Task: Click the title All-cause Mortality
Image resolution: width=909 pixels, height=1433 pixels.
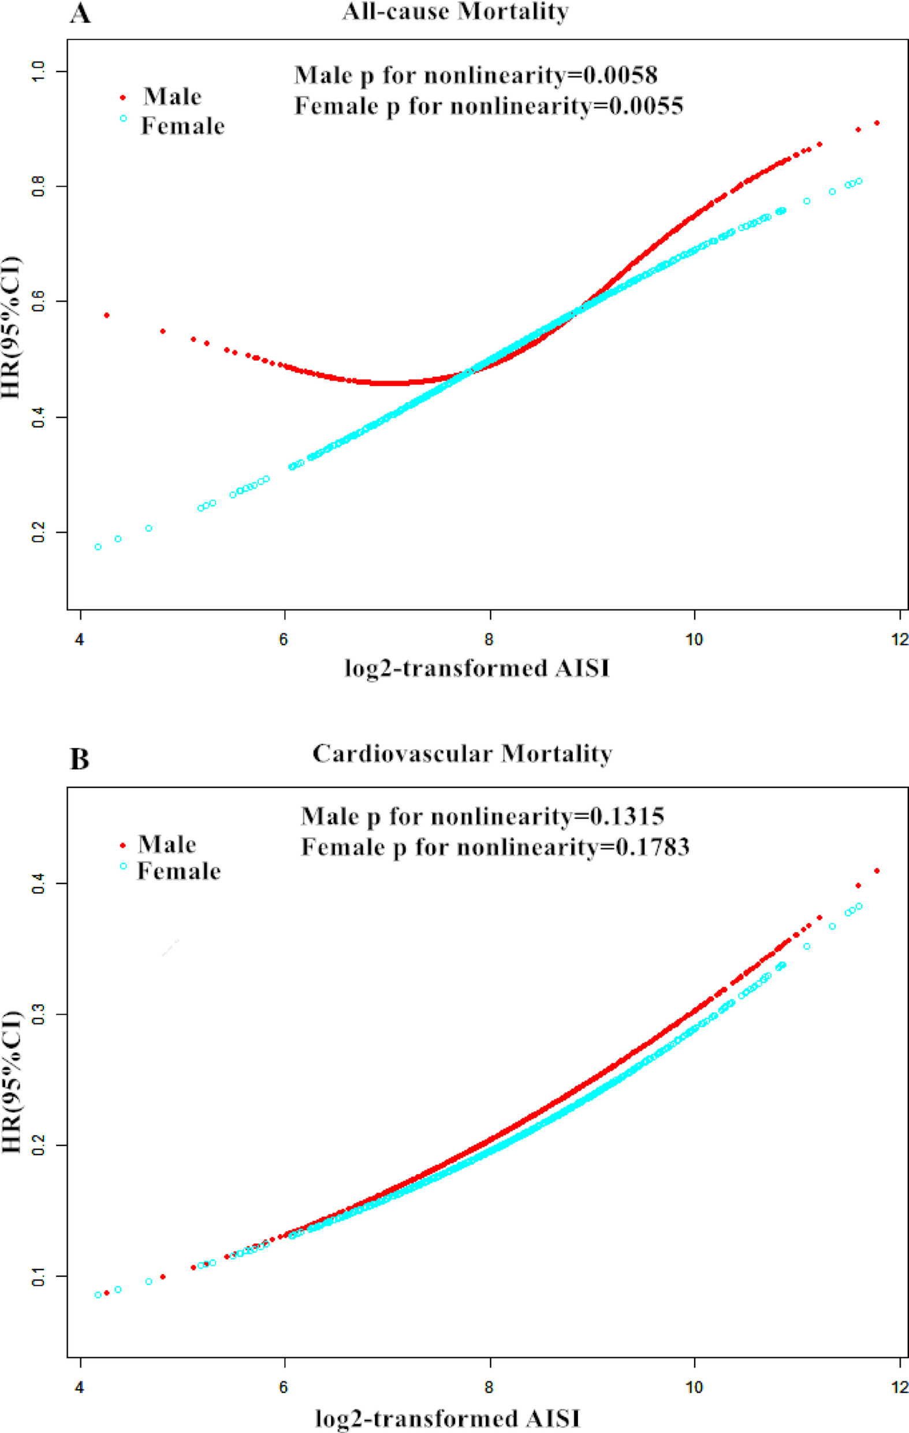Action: click(455, 12)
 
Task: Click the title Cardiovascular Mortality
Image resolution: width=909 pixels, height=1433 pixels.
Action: click(462, 753)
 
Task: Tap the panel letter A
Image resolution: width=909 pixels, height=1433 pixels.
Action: click(80, 13)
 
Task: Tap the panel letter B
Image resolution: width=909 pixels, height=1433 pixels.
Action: click(79, 759)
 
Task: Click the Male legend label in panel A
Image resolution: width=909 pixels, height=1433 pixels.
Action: click(172, 96)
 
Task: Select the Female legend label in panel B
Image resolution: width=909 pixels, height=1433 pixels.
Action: click(179, 871)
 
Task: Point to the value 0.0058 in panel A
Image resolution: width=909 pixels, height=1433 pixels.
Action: click(620, 75)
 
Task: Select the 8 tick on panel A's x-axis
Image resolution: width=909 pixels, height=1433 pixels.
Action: click(489, 640)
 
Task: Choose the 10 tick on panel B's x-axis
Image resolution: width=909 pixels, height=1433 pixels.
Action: click(694, 1388)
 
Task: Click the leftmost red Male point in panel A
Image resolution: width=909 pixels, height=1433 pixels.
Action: click(106, 315)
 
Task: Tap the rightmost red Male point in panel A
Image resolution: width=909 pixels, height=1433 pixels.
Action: click(876, 122)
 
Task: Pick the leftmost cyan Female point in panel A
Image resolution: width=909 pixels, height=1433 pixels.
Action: click(98, 546)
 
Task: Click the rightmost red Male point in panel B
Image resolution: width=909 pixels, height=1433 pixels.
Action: click(876, 871)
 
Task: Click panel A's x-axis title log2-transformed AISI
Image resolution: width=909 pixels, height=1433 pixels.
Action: click(477, 669)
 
